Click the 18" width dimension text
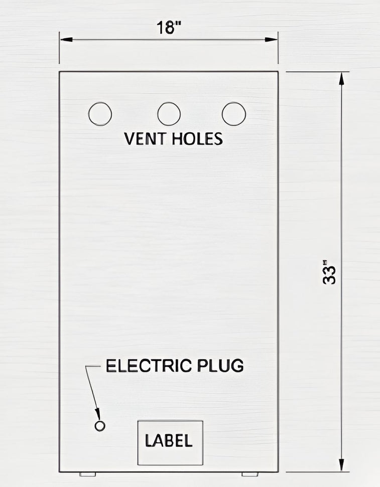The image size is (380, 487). click(169, 28)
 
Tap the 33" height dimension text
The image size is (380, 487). click(329, 272)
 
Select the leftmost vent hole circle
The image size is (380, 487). click(99, 114)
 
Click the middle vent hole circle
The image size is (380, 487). click(169, 114)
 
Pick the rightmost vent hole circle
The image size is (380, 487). click(233, 114)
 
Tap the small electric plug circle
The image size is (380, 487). click(100, 426)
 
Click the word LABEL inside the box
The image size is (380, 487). click(169, 441)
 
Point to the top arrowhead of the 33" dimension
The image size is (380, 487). click(342, 78)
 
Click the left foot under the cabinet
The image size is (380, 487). click(88, 474)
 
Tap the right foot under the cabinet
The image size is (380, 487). click(249, 474)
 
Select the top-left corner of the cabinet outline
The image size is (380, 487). click(60, 72)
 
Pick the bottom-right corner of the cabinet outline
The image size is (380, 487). click(278, 471)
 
